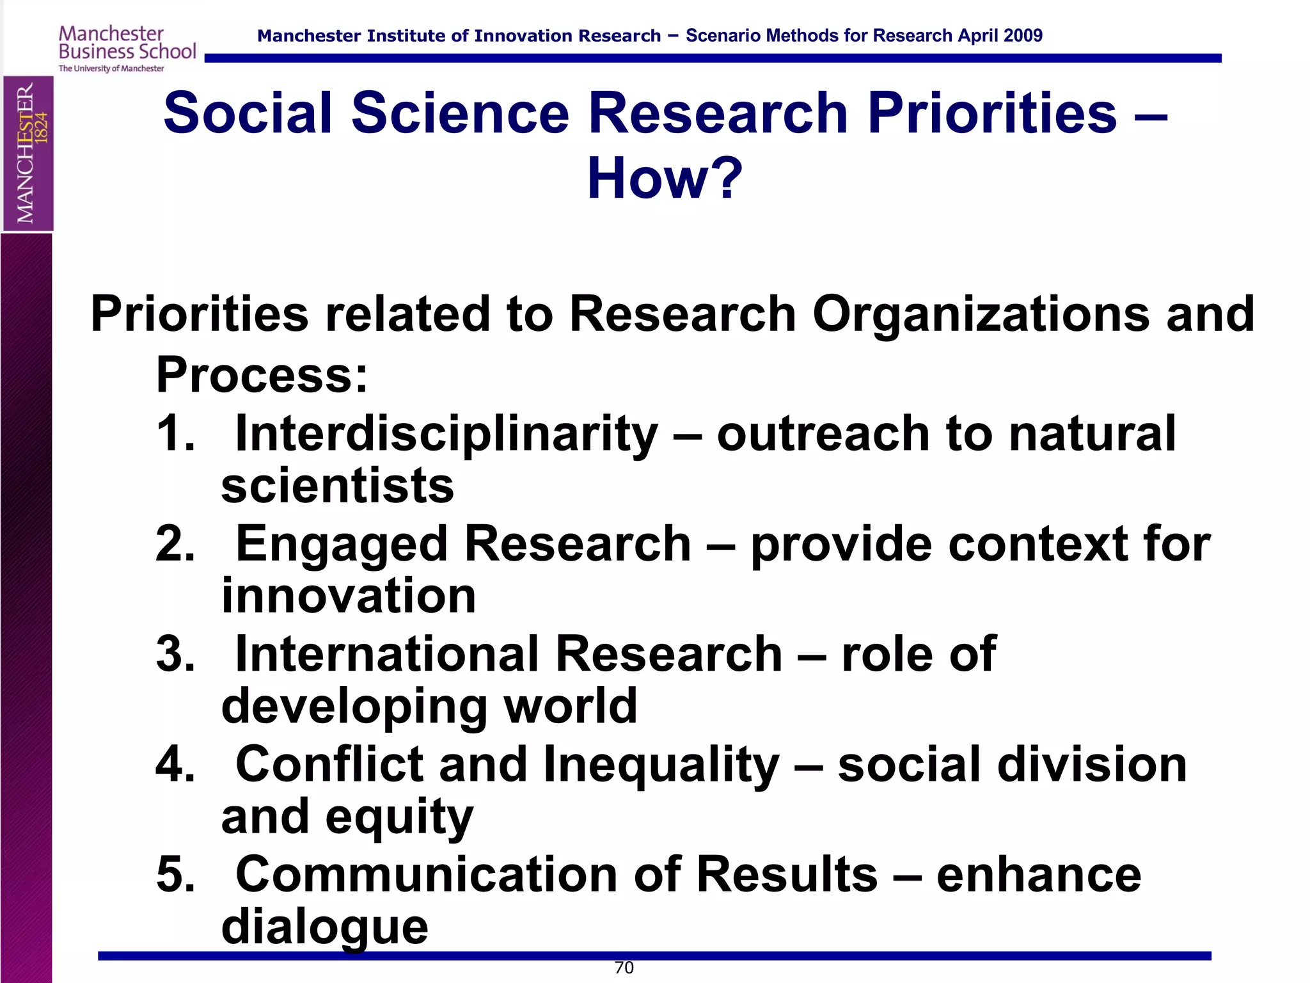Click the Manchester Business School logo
[x=127, y=49]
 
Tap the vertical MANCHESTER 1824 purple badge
[x=28, y=154]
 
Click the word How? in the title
[x=665, y=179]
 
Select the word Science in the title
[x=460, y=113]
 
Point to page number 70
[x=624, y=968]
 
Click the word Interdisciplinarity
[x=446, y=434]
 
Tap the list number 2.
[x=174, y=544]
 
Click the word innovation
[x=349, y=596]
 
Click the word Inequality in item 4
[x=661, y=765]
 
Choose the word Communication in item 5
[x=426, y=875]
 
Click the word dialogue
[x=324, y=928]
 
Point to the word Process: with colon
[x=262, y=375]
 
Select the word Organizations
[x=981, y=314]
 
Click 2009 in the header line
[x=1023, y=36]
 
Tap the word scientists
[x=337, y=486]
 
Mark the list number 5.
[x=174, y=875]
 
